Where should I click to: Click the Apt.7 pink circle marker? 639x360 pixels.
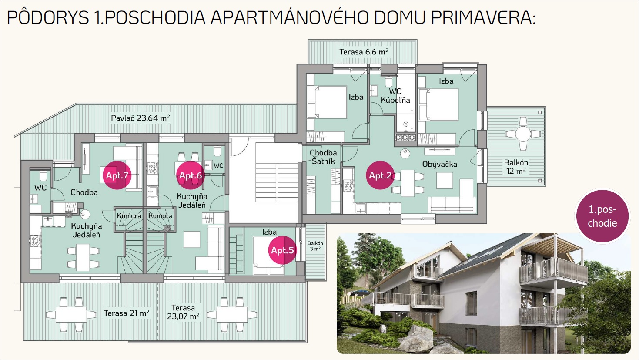(117, 175)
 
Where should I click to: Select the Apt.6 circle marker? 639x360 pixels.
(190, 175)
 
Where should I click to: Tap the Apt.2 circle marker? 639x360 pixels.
(380, 175)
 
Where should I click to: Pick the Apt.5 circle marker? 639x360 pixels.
(282, 250)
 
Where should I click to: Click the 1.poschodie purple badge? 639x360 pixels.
(602, 216)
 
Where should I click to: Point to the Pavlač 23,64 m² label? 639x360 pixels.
(141, 118)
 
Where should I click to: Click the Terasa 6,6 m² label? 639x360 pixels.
(364, 52)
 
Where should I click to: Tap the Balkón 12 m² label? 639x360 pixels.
(516, 167)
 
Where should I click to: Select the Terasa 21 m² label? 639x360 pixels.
(127, 313)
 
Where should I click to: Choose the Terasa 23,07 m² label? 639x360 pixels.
(183, 312)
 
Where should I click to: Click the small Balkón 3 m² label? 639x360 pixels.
(315, 246)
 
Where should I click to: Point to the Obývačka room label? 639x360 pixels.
(440, 165)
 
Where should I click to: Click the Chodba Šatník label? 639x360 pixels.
(323, 157)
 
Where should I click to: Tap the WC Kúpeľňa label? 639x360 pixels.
(395, 96)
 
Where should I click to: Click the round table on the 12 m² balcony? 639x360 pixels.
(523, 134)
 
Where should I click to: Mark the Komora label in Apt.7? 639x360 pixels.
(129, 216)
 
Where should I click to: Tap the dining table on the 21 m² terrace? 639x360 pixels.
(71, 315)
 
